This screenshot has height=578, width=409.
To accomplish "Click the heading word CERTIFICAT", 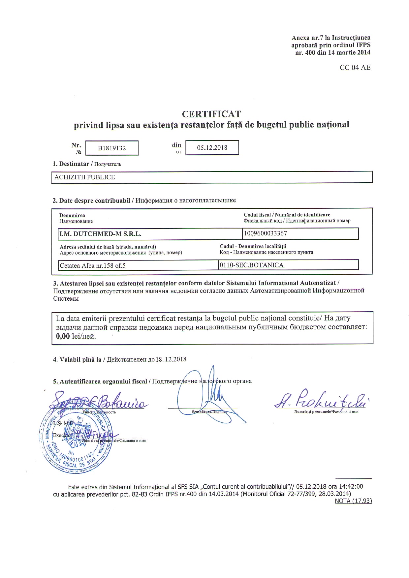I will [211, 114].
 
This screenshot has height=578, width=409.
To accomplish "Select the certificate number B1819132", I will [112, 148].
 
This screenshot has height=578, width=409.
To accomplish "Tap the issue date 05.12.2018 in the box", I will [212, 148].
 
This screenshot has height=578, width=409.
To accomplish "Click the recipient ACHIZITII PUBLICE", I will [85, 177].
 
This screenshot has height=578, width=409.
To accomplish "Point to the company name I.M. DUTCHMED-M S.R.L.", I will [100, 234].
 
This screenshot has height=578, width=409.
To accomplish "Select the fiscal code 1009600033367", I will [266, 233].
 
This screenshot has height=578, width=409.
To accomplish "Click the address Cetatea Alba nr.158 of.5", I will [93, 265].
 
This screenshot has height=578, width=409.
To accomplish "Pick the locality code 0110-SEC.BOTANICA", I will [252, 265].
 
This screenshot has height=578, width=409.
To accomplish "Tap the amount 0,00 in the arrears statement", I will [63, 336].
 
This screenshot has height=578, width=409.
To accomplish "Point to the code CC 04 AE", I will [355, 68].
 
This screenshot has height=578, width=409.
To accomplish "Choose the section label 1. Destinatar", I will [71, 164].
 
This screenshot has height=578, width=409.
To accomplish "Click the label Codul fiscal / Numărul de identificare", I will [287, 215].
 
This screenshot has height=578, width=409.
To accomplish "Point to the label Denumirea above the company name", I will [72, 215].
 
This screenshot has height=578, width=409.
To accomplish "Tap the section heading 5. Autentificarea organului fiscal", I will [100, 381].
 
